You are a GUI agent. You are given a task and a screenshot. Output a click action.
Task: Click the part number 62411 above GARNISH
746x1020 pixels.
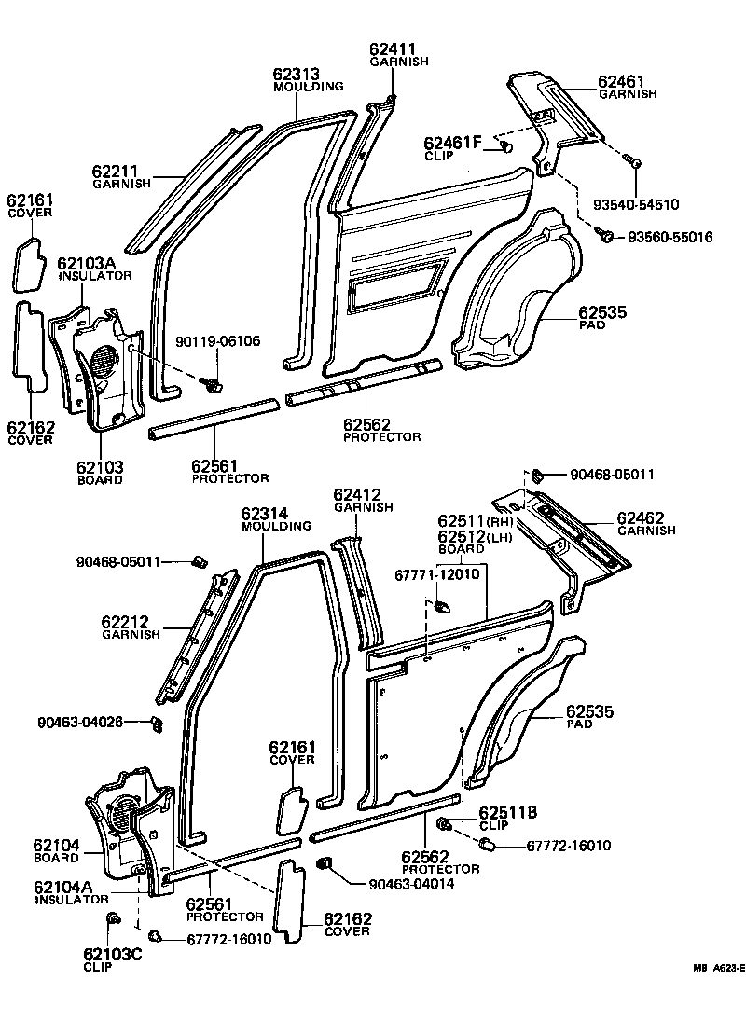pyautogui.click(x=392, y=48)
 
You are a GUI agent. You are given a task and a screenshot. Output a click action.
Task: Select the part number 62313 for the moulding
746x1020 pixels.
pyautogui.click(x=297, y=74)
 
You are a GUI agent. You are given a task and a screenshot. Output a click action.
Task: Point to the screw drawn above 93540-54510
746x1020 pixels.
pyautogui.click(x=633, y=163)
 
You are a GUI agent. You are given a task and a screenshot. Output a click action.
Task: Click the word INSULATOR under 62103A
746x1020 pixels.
pyautogui.click(x=95, y=276)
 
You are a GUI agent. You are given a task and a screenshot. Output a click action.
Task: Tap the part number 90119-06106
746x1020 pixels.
pyautogui.click(x=217, y=342)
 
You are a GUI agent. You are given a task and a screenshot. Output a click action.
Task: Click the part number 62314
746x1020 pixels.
pyautogui.click(x=264, y=514)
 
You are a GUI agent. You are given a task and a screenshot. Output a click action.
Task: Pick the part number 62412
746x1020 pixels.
pyautogui.click(x=358, y=494)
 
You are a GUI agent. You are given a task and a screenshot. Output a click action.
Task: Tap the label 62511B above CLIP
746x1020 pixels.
pyautogui.click(x=507, y=813)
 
